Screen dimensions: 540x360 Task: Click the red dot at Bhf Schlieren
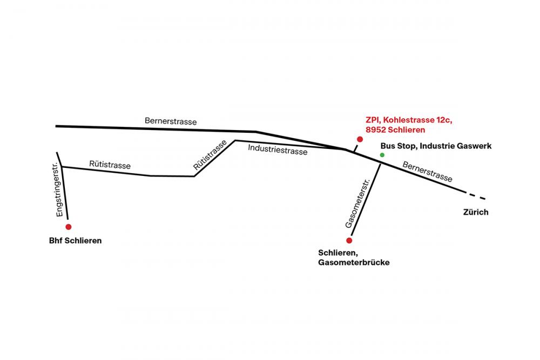69,227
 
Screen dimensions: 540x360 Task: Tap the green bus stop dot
382,155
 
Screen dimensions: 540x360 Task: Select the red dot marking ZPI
360,139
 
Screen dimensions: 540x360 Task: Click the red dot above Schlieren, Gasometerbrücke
349,240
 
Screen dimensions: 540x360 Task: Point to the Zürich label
476,212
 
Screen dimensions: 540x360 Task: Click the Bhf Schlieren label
76,241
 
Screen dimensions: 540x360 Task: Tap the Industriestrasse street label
278,150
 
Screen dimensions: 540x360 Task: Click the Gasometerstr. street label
357,203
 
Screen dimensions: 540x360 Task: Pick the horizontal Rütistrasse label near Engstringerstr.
110,165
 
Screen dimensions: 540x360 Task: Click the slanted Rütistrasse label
210,155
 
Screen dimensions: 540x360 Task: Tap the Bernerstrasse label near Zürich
427,172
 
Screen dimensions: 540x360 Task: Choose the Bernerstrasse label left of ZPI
171,121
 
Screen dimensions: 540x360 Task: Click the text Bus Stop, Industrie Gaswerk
436,146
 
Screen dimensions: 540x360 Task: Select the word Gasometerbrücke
354,262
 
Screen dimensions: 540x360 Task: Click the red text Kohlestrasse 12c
417,120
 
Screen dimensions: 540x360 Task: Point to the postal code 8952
376,130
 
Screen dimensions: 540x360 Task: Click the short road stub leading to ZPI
356,148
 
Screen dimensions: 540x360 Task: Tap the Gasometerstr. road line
366,200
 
